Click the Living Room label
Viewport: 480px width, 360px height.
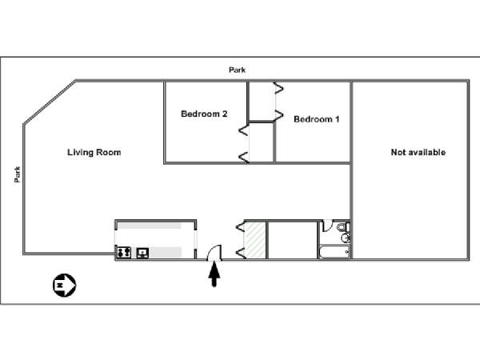click(x=94, y=153)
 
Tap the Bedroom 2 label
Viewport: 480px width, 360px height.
click(x=204, y=114)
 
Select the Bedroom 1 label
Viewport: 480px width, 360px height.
click(x=317, y=119)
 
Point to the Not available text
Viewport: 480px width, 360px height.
click(x=418, y=152)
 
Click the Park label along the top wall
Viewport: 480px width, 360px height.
click(x=238, y=70)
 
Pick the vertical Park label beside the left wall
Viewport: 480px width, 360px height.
click(x=18, y=174)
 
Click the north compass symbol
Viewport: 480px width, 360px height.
click(x=64, y=286)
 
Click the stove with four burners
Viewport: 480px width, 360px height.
click(x=124, y=253)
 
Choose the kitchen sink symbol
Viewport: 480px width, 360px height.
click(x=142, y=253)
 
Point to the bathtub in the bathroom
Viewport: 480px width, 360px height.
click(x=334, y=252)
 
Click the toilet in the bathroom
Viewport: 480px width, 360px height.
click(x=344, y=227)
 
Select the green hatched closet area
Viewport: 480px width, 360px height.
click(x=256, y=240)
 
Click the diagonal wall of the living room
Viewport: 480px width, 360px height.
click(x=50, y=102)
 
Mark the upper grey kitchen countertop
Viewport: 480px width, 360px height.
click(x=150, y=226)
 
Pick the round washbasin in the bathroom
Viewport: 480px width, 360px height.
click(x=346, y=238)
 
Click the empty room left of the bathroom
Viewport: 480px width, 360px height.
click(x=292, y=240)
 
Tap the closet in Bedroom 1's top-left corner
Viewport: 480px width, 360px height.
click(x=261, y=102)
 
